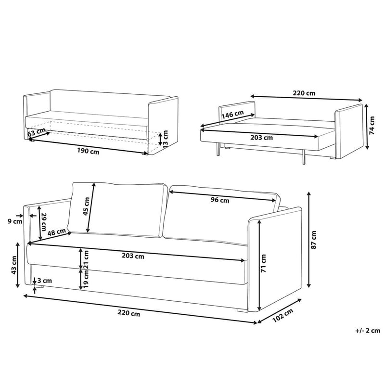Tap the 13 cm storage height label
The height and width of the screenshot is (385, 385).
tap(166, 138)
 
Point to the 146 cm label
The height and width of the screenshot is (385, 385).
tap(232, 115)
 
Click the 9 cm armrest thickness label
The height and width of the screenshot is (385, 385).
tap(15, 222)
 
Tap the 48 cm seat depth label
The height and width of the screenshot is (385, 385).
tap(57, 232)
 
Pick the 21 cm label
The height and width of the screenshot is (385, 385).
tap(87, 259)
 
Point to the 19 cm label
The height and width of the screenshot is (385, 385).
tap(87, 279)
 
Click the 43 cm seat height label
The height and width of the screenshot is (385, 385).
tap(14, 265)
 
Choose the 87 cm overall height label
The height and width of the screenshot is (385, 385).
tap(314, 239)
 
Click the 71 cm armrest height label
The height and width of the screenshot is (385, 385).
tap(264, 264)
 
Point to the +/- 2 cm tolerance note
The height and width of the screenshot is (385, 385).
tap(368, 330)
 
